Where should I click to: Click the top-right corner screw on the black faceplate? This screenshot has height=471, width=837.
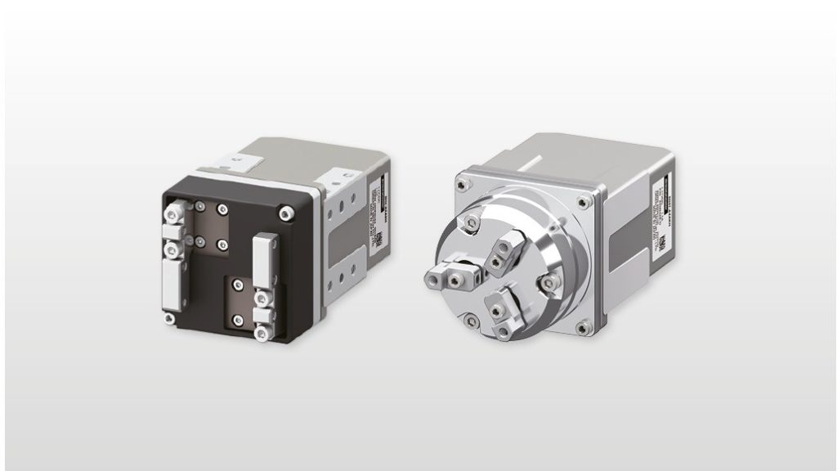pos(284,215)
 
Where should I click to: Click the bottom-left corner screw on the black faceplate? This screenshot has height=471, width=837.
pos(169,318)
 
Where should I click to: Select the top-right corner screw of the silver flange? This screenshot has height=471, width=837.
pos(582,203)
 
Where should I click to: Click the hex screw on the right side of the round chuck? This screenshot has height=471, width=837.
pos(550,283)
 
